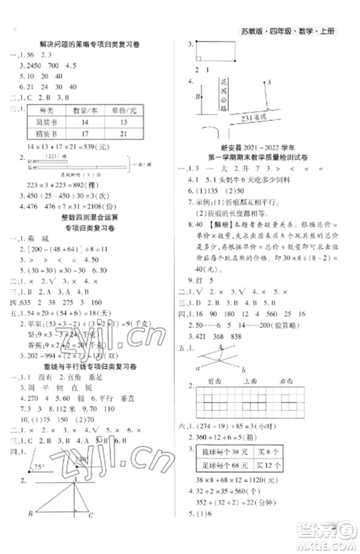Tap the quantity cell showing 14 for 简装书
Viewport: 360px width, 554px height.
(94, 122)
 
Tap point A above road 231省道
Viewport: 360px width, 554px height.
(267, 81)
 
